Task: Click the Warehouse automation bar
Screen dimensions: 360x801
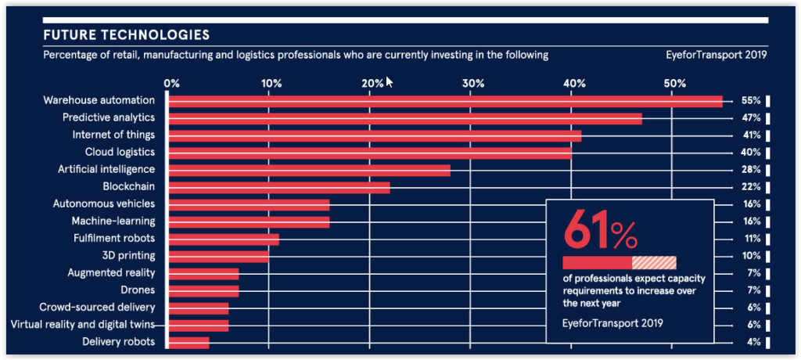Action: coord(445,101)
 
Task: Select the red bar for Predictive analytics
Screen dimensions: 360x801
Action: coord(405,118)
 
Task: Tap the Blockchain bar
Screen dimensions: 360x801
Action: coord(279,186)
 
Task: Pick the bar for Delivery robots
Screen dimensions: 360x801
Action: coord(189,342)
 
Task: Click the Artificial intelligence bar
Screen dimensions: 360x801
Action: coord(310,170)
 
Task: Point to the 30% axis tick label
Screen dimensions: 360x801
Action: coord(472,84)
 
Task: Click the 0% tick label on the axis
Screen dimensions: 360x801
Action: coord(171,84)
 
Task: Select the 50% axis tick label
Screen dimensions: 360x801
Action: coord(674,84)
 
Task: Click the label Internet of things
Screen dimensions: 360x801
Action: coord(113,135)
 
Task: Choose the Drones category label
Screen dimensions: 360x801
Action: coord(138,290)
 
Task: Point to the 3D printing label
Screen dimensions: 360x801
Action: coord(128,256)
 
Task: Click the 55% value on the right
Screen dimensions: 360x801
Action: coord(752,101)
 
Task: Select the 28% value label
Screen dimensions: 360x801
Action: coord(752,170)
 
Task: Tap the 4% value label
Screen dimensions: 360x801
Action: coord(754,342)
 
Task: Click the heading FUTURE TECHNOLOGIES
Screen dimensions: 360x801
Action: coord(126,35)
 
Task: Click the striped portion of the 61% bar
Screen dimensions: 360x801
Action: coord(654,263)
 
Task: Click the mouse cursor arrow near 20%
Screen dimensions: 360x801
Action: coord(390,81)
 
